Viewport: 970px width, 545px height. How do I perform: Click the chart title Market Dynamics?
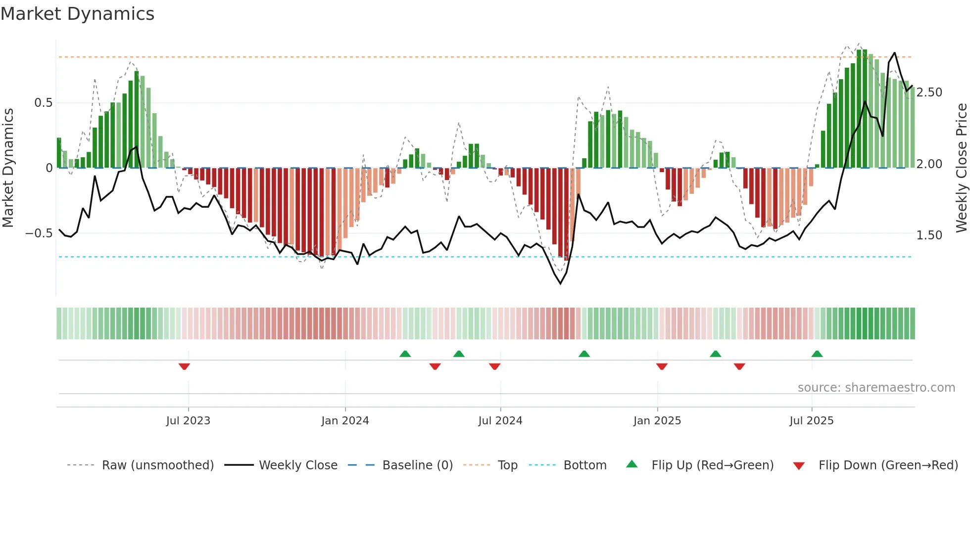pyautogui.click(x=78, y=14)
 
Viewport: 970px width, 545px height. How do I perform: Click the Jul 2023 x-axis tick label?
pyautogui.click(x=188, y=421)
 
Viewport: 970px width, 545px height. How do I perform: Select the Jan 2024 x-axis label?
pyautogui.click(x=345, y=421)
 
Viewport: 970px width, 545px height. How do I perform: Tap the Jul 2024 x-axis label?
pyautogui.click(x=500, y=421)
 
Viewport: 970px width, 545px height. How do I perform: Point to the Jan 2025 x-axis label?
pyautogui.click(x=657, y=421)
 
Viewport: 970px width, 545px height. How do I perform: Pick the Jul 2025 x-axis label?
pyautogui.click(x=811, y=421)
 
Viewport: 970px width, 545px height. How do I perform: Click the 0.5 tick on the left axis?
pyautogui.click(x=43, y=103)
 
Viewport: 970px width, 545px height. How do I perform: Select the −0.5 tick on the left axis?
pyautogui.click(x=39, y=233)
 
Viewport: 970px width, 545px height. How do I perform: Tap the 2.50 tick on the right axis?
pyautogui.click(x=929, y=92)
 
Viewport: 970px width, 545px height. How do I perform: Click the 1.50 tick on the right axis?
pyautogui.click(x=929, y=235)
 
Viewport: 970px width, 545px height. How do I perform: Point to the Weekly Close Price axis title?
pyautogui.click(x=961, y=168)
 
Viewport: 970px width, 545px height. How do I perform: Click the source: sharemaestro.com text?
pyautogui.click(x=876, y=388)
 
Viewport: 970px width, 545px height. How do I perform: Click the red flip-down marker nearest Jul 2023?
pyautogui.click(x=184, y=366)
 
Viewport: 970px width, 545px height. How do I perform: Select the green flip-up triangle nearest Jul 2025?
pyautogui.click(x=817, y=354)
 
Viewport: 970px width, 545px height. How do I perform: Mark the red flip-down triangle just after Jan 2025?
pyautogui.click(x=662, y=366)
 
